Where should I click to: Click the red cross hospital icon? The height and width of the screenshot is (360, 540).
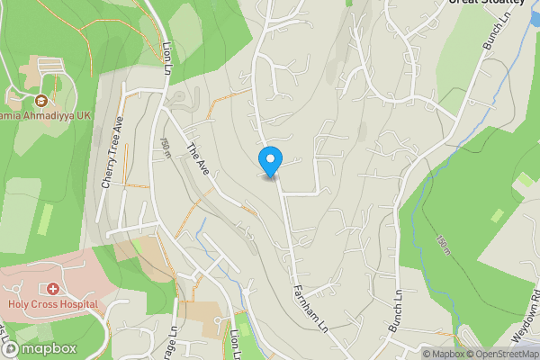(53, 289)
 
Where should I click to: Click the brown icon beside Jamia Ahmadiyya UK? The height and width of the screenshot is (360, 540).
(41, 99)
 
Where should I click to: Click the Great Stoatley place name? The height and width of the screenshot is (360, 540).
(486, 3)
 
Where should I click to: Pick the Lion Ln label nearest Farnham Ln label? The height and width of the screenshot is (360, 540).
(235, 341)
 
